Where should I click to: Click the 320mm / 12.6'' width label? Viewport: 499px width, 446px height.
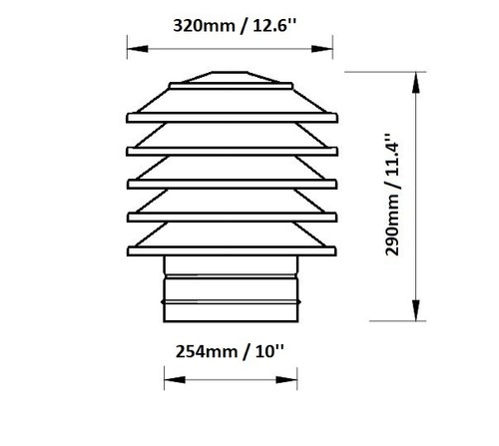click(235, 26)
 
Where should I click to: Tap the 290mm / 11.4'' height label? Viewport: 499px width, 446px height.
click(392, 195)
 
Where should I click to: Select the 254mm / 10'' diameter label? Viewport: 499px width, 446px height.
click(230, 351)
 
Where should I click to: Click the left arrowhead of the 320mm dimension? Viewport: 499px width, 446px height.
click(138, 49)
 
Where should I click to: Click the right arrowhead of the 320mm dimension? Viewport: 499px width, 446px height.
click(322, 49)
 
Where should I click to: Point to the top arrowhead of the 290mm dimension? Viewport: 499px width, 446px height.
click(416, 82)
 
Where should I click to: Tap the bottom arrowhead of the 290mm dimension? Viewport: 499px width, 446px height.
click(416, 310)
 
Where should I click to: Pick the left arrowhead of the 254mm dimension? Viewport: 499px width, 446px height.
click(175, 380)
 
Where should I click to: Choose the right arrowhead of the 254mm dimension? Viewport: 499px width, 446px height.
click(286, 380)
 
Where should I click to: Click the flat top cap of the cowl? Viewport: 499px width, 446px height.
click(230, 77)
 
